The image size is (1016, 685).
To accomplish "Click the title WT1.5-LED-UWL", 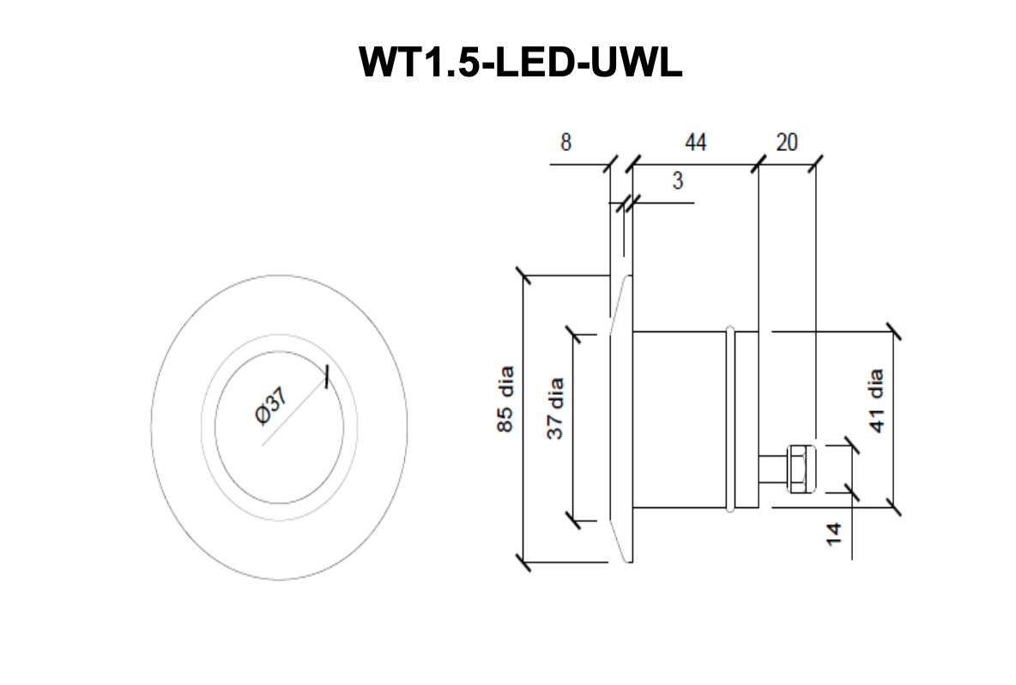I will click(520, 61).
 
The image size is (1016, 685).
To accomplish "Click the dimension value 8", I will click(565, 142).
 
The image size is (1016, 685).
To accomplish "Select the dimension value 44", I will click(695, 142).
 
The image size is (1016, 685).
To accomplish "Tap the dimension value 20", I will click(786, 142).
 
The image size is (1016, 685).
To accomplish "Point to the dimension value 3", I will click(678, 181).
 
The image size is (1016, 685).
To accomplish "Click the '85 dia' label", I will click(505, 400).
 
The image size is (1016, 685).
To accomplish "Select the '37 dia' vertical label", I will click(556, 407).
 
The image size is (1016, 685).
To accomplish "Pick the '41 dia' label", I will click(876, 401).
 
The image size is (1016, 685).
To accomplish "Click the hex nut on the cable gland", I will click(801, 468).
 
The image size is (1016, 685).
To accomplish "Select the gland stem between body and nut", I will click(772, 469).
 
